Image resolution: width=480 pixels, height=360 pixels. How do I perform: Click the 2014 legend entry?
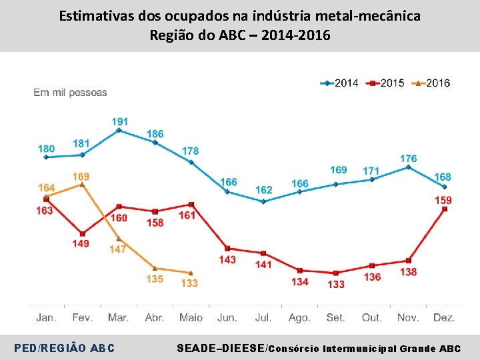coord(340,83)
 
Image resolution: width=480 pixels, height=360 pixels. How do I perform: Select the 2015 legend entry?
coord(387,83)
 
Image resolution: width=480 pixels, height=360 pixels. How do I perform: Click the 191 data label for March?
coord(120,121)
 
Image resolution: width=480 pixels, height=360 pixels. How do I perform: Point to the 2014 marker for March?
coord(119,131)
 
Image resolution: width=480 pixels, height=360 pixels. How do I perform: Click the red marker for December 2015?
coord(445,209)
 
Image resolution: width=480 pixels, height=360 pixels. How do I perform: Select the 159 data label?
coord(443,200)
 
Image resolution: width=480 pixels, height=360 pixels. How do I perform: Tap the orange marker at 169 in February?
coord(82,185)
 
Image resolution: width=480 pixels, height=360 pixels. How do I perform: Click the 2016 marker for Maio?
coord(191,273)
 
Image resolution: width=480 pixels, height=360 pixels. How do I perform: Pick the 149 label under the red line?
coord(81,244)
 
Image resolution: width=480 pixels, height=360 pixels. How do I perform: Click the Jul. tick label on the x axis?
coord(263,318)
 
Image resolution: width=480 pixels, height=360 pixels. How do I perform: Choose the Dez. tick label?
coord(444,318)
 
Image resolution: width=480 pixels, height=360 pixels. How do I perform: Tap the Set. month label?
coord(335,318)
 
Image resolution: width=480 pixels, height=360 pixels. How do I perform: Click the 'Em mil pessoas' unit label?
coord(70,93)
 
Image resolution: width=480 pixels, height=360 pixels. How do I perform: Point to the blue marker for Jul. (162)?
coord(263,201)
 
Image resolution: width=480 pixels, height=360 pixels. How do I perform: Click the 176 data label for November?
coord(408,158)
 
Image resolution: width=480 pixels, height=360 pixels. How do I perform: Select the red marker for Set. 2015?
coord(336,273)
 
